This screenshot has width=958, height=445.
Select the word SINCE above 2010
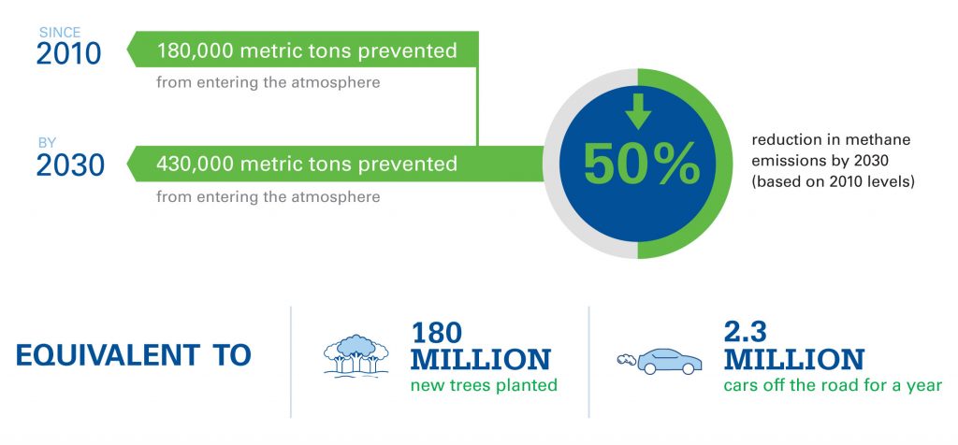[58, 33]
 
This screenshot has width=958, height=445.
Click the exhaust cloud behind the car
[626, 359]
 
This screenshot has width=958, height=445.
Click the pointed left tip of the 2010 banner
[129, 50]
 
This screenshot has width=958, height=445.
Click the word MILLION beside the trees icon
[481, 360]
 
